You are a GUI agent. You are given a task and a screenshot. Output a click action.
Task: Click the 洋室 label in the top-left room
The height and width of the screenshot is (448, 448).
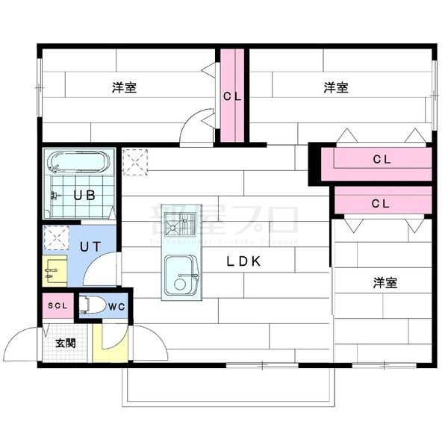(x=124, y=88)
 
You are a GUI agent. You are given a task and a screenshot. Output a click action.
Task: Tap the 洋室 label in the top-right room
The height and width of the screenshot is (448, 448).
(x=335, y=88)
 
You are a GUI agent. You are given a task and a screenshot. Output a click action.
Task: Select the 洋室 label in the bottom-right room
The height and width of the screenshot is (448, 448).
(x=385, y=283)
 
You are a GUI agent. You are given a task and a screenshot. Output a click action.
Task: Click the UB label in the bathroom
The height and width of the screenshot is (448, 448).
(x=84, y=196)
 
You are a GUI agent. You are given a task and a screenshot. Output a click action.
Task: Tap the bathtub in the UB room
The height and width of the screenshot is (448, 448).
(x=78, y=163)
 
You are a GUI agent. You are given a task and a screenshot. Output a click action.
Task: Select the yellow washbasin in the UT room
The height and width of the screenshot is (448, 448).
(x=55, y=270)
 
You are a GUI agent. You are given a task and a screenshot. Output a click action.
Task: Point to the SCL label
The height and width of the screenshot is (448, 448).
(x=57, y=305)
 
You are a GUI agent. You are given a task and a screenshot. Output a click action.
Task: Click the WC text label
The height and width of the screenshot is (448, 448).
(x=116, y=306)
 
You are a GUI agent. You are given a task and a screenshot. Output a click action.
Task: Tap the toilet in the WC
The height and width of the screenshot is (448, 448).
(x=93, y=305)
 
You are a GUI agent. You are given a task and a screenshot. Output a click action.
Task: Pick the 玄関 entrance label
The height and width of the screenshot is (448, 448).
(x=66, y=343)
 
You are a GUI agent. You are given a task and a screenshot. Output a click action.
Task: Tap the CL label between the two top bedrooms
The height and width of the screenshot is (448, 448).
(x=232, y=96)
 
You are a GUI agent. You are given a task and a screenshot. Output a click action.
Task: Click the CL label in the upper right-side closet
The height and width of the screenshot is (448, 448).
(x=382, y=159)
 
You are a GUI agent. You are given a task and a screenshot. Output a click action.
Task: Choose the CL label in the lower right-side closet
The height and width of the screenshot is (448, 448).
(x=381, y=202)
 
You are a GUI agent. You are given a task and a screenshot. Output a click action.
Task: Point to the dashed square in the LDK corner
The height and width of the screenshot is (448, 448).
(x=135, y=161)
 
